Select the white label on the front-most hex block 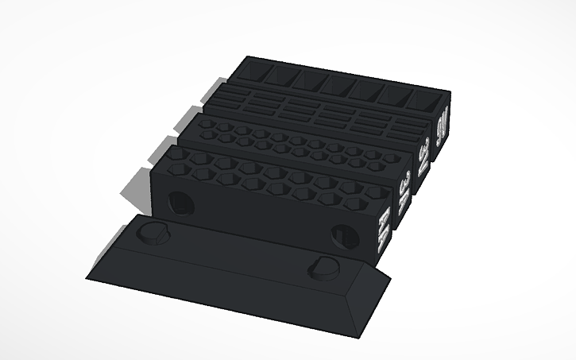pos(383,230)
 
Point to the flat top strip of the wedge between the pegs pos(238,250)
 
